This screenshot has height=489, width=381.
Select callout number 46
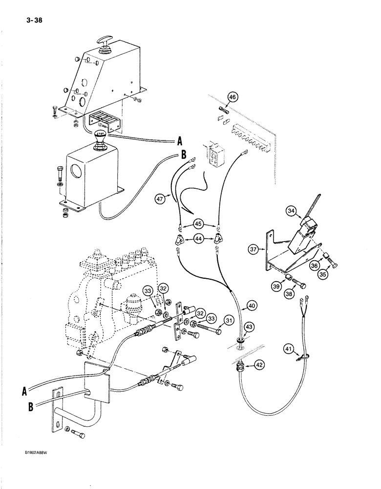tap(232, 98)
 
